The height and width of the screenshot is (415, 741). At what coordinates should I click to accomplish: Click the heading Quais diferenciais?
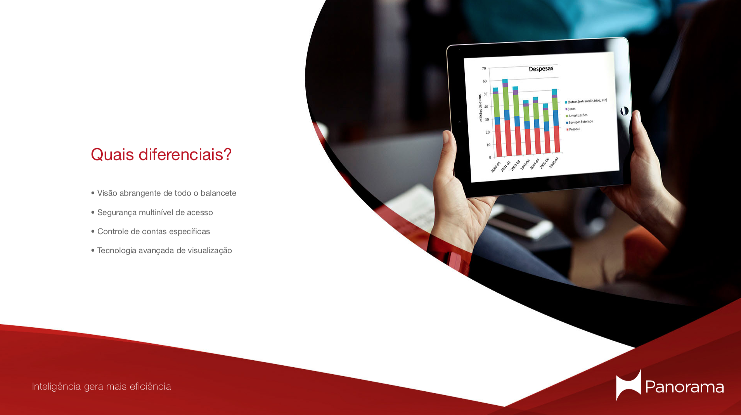tap(161, 155)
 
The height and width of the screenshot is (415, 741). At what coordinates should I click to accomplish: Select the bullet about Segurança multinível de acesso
tap(152, 213)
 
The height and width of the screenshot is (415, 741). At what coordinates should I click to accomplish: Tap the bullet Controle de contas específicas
tap(151, 232)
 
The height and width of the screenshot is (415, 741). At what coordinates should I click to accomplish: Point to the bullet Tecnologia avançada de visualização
tap(161, 251)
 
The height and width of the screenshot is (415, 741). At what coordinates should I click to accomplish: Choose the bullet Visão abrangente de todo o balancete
tap(163, 193)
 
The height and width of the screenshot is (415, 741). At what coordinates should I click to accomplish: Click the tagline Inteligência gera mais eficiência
tap(101, 387)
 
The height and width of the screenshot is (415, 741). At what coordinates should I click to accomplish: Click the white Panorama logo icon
tap(628, 385)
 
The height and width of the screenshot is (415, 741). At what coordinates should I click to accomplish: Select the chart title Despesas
tap(541, 69)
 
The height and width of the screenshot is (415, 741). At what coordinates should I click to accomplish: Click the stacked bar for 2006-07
tap(556, 121)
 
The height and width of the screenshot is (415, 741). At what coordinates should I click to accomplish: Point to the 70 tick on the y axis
tap(484, 69)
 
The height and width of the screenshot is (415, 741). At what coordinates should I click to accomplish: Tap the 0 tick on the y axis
tap(490, 157)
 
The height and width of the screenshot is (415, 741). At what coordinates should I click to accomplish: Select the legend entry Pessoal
tap(573, 129)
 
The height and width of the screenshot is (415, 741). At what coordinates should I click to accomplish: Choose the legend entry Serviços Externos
tap(580, 122)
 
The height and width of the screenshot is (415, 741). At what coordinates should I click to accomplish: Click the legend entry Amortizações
tap(577, 116)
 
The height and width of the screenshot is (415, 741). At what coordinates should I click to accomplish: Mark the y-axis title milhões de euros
tap(481, 108)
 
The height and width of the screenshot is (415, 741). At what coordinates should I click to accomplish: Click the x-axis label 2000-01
tap(496, 167)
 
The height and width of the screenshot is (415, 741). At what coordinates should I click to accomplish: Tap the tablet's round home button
tap(624, 111)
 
